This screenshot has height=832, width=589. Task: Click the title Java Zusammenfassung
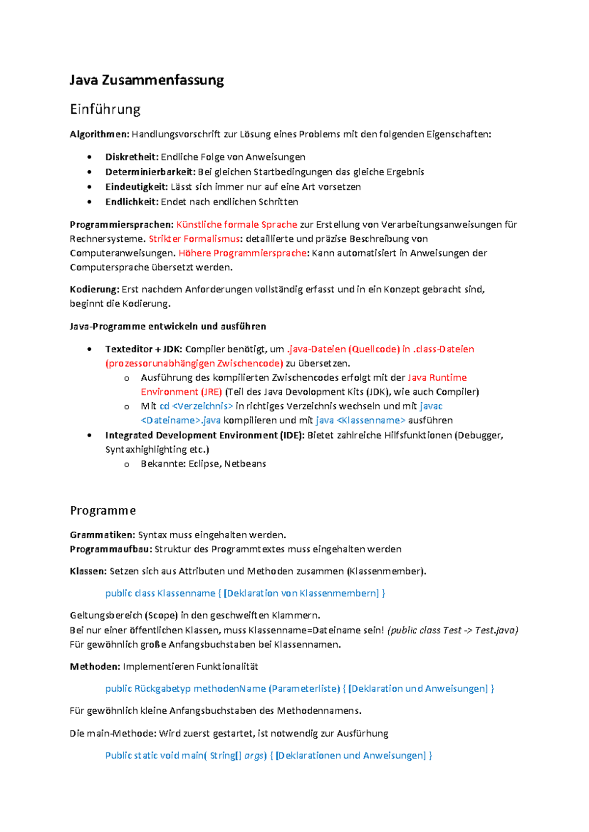[x=146, y=80]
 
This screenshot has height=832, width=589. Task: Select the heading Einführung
[x=105, y=109]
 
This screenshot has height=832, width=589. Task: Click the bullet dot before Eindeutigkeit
[x=89, y=187]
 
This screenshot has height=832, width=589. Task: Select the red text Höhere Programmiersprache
[x=243, y=253]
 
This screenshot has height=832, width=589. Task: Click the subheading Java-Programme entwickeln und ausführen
[x=168, y=326]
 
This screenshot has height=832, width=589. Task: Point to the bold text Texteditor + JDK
[x=143, y=349]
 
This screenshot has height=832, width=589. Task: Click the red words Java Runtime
[x=437, y=378]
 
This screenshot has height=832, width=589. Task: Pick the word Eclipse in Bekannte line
[x=204, y=464]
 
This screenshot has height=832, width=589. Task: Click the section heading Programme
[x=103, y=511]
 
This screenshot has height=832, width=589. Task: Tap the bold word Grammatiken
[x=102, y=535]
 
